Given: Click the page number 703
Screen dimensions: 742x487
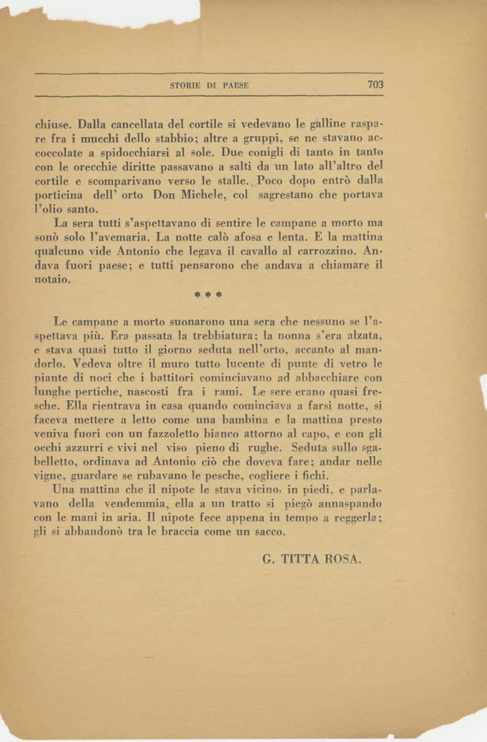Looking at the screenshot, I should tap(375, 85).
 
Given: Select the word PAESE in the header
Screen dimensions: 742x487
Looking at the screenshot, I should tap(236, 85).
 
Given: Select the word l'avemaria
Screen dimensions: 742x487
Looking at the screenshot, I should tap(127, 238).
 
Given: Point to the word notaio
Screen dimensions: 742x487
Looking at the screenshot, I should tap(52, 280).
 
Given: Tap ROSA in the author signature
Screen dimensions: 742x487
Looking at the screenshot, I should tap(344, 560).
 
